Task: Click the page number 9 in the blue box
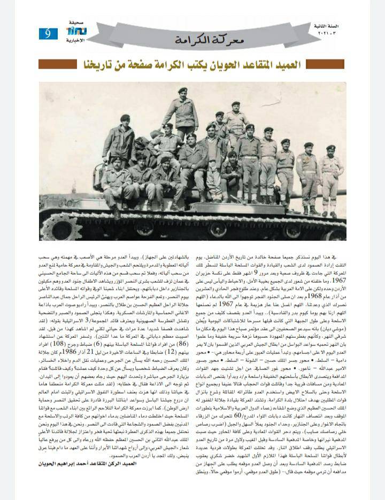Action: point(48,33)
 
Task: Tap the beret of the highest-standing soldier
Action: point(183,90)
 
